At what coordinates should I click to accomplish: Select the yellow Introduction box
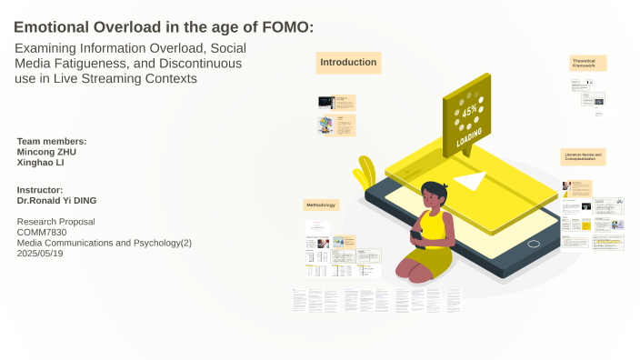(x=348, y=63)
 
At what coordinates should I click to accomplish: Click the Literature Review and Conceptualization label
(x=583, y=157)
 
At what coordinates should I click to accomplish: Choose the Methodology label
(x=321, y=205)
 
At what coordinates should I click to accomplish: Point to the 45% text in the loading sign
(x=469, y=111)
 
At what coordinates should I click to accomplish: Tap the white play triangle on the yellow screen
(x=470, y=181)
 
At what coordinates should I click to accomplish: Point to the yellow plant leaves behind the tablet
(x=365, y=170)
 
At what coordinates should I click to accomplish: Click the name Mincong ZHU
(x=47, y=152)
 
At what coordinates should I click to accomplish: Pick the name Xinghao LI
(x=40, y=163)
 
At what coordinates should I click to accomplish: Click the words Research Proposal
(x=55, y=222)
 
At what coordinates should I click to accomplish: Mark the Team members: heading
(x=52, y=141)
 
